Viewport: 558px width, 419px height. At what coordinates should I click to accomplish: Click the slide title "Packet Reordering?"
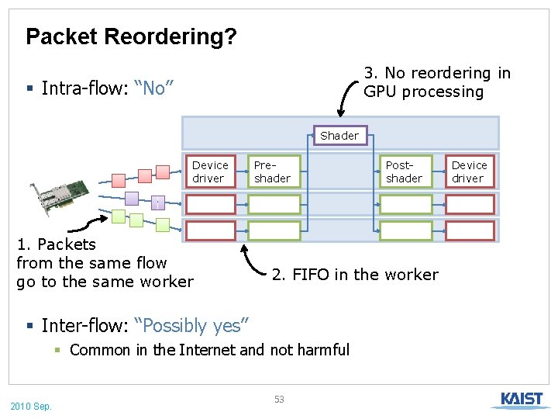click(131, 36)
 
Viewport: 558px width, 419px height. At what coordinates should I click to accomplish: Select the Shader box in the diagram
click(339, 136)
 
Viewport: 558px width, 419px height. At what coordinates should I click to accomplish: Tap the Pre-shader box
click(273, 171)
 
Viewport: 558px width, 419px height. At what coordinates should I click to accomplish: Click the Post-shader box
click(405, 171)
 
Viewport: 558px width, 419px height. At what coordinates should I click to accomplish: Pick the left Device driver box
click(210, 171)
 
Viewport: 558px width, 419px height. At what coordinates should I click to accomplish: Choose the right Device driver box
click(469, 171)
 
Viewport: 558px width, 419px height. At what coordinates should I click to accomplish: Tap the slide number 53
click(279, 400)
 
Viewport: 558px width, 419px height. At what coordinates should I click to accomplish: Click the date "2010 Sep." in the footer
click(31, 406)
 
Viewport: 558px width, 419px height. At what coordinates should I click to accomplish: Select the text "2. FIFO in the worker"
click(355, 274)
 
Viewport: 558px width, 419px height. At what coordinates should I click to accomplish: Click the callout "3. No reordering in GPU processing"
click(436, 82)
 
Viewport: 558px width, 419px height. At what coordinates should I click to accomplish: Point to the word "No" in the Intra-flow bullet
click(153, 88)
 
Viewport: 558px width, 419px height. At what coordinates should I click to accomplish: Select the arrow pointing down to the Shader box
click(342, 109)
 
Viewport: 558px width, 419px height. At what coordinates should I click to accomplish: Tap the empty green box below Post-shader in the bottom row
click(405, 230)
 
